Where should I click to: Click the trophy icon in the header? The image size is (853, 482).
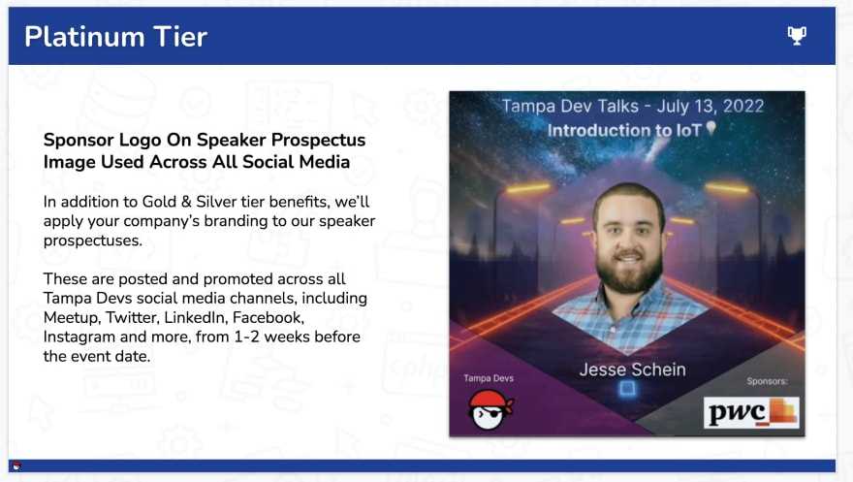[797, 36]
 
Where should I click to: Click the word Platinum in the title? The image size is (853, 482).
[85, 37]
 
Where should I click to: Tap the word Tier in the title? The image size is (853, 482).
[180, 37]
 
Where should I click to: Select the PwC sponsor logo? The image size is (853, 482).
[751, 412]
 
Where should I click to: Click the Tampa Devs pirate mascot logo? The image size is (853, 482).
[490, 409]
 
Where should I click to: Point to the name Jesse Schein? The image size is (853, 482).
[632, 370]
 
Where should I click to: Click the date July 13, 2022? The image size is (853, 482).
[711, 106]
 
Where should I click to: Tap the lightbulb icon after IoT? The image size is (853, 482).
[711, 128]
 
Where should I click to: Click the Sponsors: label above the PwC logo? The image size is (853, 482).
[767, 381]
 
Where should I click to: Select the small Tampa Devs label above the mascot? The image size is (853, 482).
[489, 378]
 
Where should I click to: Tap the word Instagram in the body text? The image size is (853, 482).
[79, 337]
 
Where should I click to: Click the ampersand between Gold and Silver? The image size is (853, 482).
[186, 202]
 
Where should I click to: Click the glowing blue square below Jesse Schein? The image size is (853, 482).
[627, 389]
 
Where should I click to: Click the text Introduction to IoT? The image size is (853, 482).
[624, 131]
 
